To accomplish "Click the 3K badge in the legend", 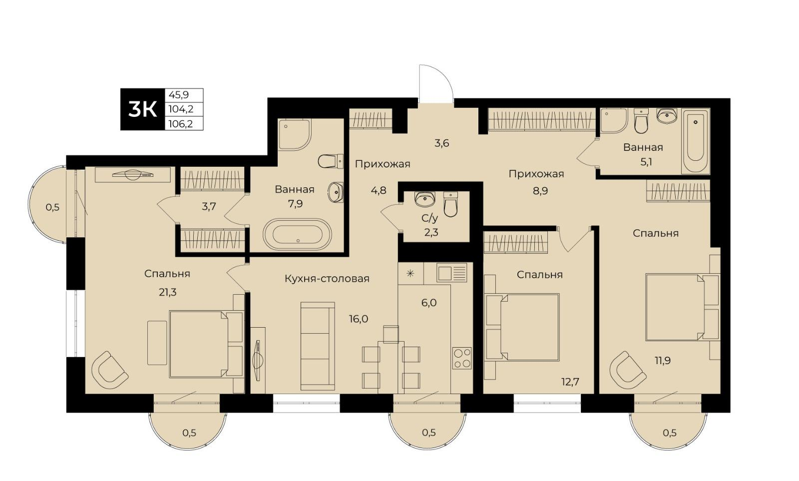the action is coord(143,109).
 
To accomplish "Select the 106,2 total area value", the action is coord(180,124).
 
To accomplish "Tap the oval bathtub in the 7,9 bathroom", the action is coord(298,234).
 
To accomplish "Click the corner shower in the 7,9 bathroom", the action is coord(295,134).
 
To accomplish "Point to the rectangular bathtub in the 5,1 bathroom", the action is coord(696,141).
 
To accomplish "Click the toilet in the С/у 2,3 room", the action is coord(450,204).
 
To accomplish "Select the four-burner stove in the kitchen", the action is coord(462,358).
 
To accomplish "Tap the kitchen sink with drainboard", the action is coord(452,273).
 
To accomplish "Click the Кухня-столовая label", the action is coord(327,279).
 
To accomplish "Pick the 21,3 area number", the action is coord(168,293).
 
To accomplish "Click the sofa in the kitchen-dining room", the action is coord(318,346).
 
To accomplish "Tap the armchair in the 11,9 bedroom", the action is coord(627,370).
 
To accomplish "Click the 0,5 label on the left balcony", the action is coord(52,207).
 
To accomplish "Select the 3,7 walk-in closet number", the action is coord(209,206).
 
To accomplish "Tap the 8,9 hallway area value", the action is coord(540,191).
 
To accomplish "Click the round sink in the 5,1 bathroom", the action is coord(667,116).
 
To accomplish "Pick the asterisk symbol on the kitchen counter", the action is coord(410,274).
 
